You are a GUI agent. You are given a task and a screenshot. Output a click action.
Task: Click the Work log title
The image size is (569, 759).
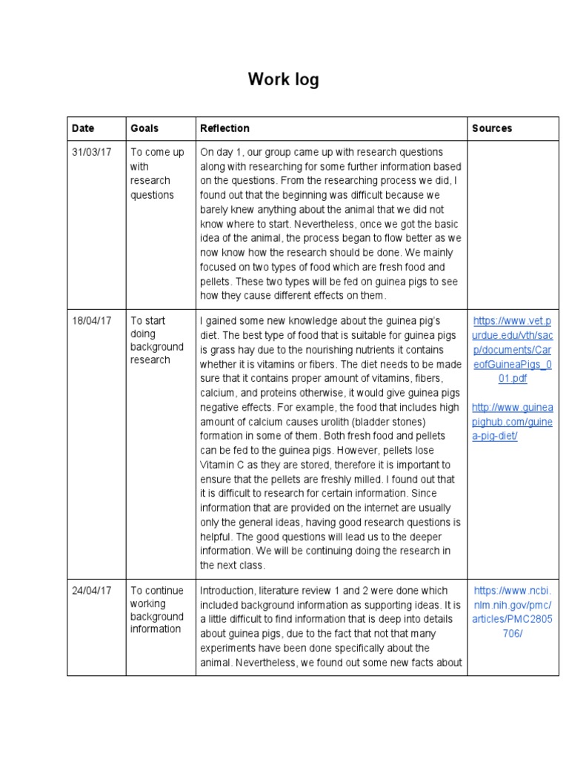tap(284, 79)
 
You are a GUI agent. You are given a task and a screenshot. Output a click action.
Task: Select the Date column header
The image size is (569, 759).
tap(83, 128)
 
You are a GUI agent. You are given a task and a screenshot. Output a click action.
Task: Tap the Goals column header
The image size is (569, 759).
tap(144, 128)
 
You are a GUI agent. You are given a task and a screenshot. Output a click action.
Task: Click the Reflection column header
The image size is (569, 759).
tap(224, 128)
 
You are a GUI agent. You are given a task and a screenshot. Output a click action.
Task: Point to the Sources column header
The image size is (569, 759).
tap(492, 128)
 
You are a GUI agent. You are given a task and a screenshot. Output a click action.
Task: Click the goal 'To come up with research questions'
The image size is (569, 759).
tap(157, 173)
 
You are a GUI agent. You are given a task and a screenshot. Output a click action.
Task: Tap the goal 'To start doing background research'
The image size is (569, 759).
tap(156, 340)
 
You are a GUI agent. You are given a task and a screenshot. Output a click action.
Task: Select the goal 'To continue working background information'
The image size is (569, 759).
tap(157, 610)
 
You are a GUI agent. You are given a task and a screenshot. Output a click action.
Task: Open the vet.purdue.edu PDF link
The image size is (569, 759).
tap(513, 349)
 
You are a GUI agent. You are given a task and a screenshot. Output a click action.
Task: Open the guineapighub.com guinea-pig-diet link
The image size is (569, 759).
tap(513, 422)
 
